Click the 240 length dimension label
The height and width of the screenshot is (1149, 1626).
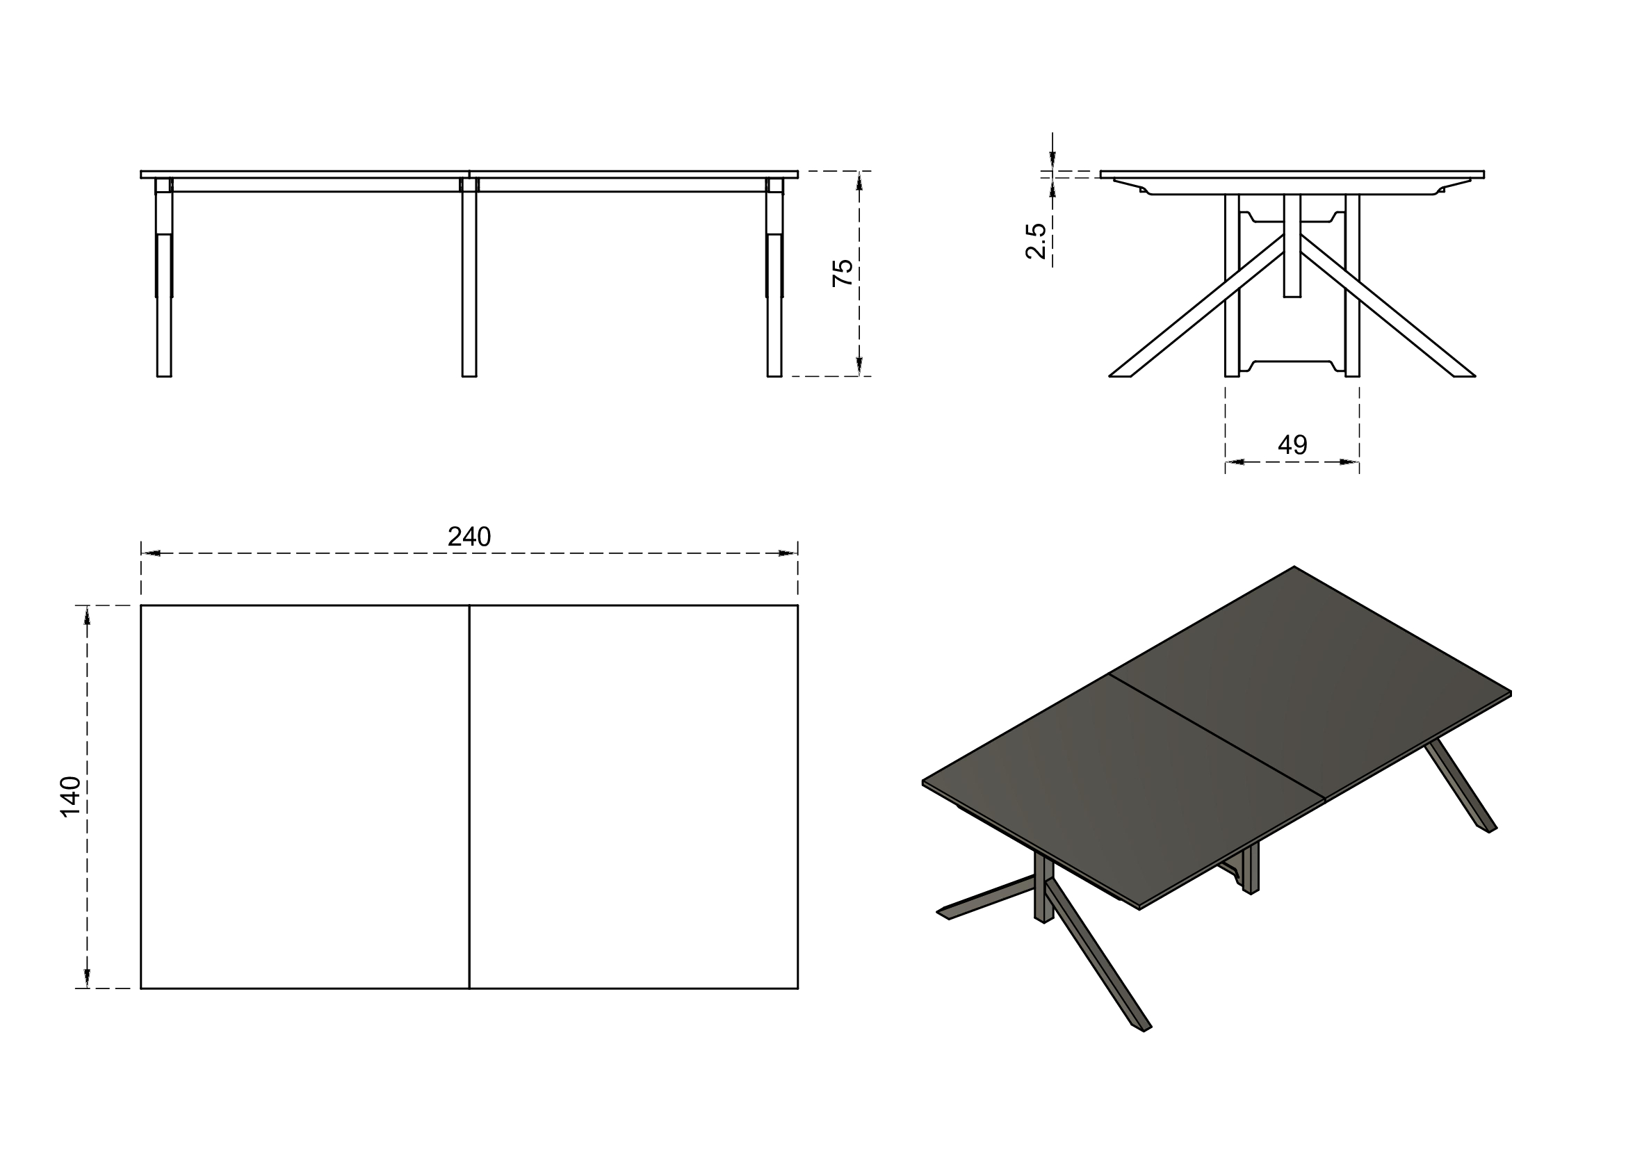[469, 537]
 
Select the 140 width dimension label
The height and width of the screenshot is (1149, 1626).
[71, 797]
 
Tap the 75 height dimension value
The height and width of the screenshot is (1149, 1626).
[843, 272]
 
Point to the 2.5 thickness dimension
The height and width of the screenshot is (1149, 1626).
[1036, 241]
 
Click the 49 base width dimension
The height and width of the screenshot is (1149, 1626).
[1292, 445]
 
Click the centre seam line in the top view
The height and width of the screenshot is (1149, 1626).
[469, 797]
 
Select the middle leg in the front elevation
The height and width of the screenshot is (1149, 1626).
[469, 283]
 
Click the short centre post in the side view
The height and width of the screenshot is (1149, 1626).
[1292, 247]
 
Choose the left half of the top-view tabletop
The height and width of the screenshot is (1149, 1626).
[304, 797]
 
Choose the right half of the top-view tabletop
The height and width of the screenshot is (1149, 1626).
[633, 797]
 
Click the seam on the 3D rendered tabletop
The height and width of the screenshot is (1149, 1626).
[1217, 737]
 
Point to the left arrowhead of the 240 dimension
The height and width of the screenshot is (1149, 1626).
[151, 553]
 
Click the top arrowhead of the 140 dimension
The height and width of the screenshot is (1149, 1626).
[87, 616]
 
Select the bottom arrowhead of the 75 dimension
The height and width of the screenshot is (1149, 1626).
[859, 366]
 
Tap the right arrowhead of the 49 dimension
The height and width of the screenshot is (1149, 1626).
[1349, 462]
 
